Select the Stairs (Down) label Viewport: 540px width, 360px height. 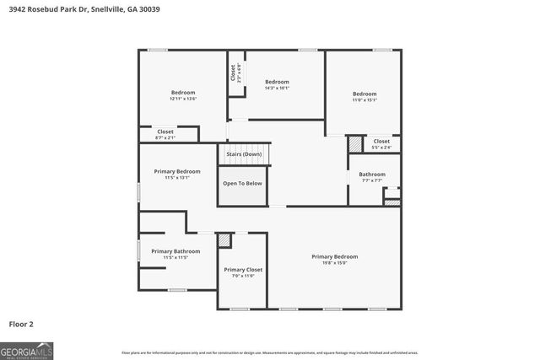point(244,154)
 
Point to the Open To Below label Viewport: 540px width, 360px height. point(242,183)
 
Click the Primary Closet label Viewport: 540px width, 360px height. point(243,270)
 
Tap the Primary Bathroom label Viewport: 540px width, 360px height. point(175,251)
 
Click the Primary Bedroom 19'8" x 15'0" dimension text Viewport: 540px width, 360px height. point(335,263)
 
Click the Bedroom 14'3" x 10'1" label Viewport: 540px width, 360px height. point(278,88)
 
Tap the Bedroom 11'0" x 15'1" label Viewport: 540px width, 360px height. point(364,99)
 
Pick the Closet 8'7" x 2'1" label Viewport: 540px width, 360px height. point(165,134)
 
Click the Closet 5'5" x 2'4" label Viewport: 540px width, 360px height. point(381,144)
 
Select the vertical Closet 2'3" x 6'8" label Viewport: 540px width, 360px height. point(236,73)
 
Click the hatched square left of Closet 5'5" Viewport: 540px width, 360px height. point(355,144)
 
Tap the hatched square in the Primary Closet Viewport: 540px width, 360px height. point(224,240)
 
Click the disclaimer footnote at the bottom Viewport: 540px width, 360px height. point(270,352)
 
